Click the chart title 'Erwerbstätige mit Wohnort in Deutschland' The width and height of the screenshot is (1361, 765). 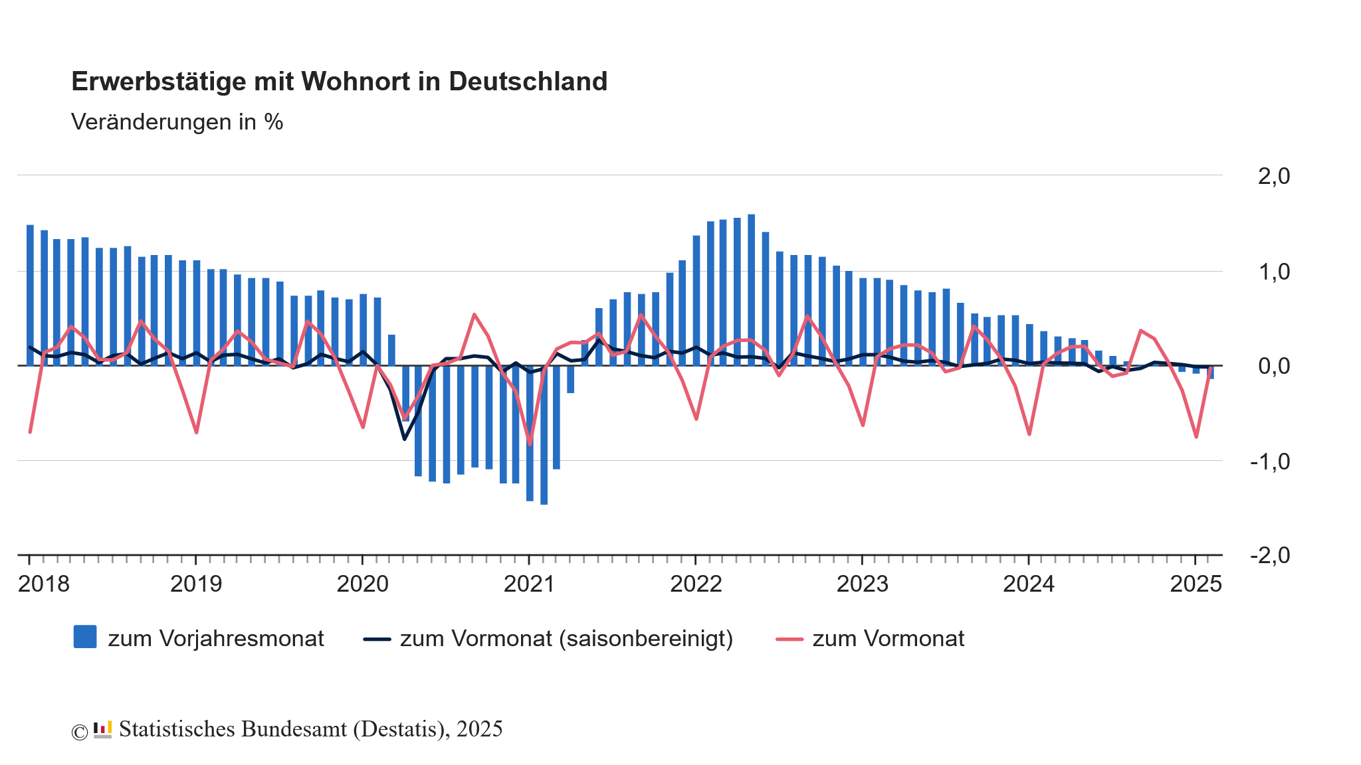339,81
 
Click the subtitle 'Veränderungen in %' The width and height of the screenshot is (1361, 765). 177,122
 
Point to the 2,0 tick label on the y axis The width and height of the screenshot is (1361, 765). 1273,176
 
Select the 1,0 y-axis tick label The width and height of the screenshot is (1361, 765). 1273,272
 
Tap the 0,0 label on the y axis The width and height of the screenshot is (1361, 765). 1273,366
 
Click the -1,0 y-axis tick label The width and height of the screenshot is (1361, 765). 1269,461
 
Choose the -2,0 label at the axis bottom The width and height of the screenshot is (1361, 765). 1269,555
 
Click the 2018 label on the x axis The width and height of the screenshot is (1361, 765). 44,584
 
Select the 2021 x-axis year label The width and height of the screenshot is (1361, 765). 529,584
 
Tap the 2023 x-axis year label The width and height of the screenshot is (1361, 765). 862,584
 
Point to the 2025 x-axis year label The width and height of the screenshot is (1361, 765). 1196,584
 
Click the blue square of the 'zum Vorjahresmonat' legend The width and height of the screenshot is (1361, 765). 85,637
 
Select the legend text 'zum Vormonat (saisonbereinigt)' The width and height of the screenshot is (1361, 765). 566,638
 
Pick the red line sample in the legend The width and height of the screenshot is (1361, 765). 789,639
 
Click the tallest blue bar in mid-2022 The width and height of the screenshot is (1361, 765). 751,290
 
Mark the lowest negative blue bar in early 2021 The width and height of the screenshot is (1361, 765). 544,435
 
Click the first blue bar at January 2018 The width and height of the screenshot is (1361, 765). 30,295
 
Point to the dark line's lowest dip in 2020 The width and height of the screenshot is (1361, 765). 404,439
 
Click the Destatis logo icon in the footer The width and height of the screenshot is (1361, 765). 102,729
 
